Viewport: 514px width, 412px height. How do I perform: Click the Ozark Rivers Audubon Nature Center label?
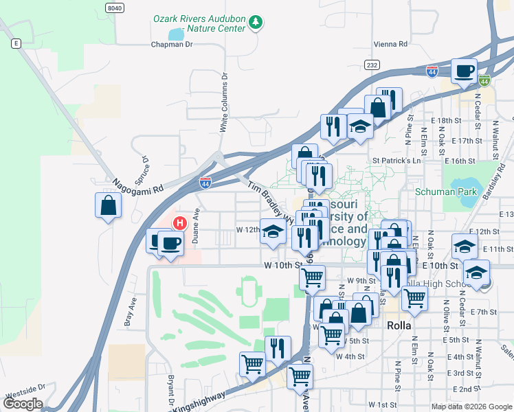click(x=199, y=24)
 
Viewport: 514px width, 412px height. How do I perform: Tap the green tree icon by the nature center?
click(x=256, y=23)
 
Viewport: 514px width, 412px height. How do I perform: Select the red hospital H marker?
click(x=180, y=222)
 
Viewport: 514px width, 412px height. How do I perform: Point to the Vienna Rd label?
click(x=390, y=44)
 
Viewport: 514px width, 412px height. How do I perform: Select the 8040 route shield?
click(x=115, y=7)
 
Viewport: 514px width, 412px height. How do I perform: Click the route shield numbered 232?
click(x=372, y=65)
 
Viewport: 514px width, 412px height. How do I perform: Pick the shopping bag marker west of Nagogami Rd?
click(x=109, y=205)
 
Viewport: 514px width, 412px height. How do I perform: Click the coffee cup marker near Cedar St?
click(x=465, y=71)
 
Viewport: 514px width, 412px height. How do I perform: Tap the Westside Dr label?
click(x=25, y=397)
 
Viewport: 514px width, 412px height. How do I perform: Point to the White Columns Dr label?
click(x=223, y=103)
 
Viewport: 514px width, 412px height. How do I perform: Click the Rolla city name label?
click(x=399, y=325)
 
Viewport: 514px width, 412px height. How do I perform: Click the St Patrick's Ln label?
click(x=396, y=161)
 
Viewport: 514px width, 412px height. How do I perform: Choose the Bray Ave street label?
click(x=127, y=311)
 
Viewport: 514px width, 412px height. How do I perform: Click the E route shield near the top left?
click(x=15, y=43)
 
